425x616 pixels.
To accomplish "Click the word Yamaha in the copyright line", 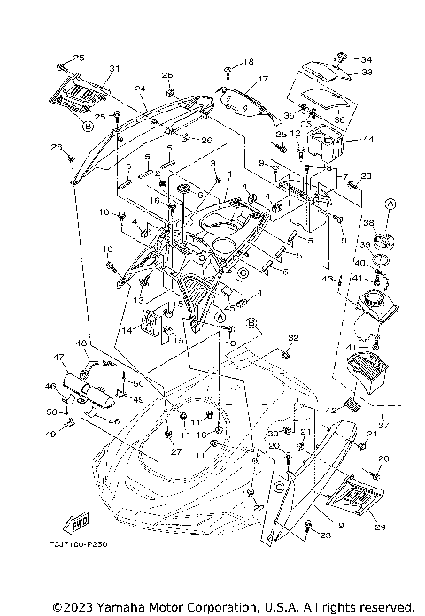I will point(118,607).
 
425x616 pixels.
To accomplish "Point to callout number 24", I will point(139,89).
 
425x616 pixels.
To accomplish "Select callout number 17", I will point(262,80).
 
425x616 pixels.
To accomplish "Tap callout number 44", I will point(368,141).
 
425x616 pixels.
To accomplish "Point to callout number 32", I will point(294,338).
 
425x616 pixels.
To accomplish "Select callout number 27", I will point(176,451).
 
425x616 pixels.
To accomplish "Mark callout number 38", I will point(369,225).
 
